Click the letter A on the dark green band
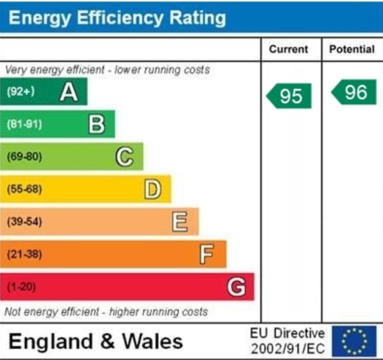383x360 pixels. (x=69, y=92)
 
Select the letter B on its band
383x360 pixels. (x=96, y=124)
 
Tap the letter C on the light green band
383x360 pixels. (x=125, y=157)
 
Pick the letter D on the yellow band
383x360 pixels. (x=153, y=189)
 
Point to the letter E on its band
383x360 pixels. (x=180, y=222)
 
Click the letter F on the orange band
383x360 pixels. (x=207, y=254)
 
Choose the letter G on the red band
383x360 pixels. (x=236, y=287)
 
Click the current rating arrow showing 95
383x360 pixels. (x=289, y=96)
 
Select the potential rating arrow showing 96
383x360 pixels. (x=354, y=92)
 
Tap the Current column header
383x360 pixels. (x=288, y=49)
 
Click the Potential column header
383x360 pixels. (x=352, y=49)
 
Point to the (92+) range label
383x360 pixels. (x=20, y=92)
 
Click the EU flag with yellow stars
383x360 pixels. (x=354, y=341)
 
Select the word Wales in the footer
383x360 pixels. (x=152, y=341)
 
